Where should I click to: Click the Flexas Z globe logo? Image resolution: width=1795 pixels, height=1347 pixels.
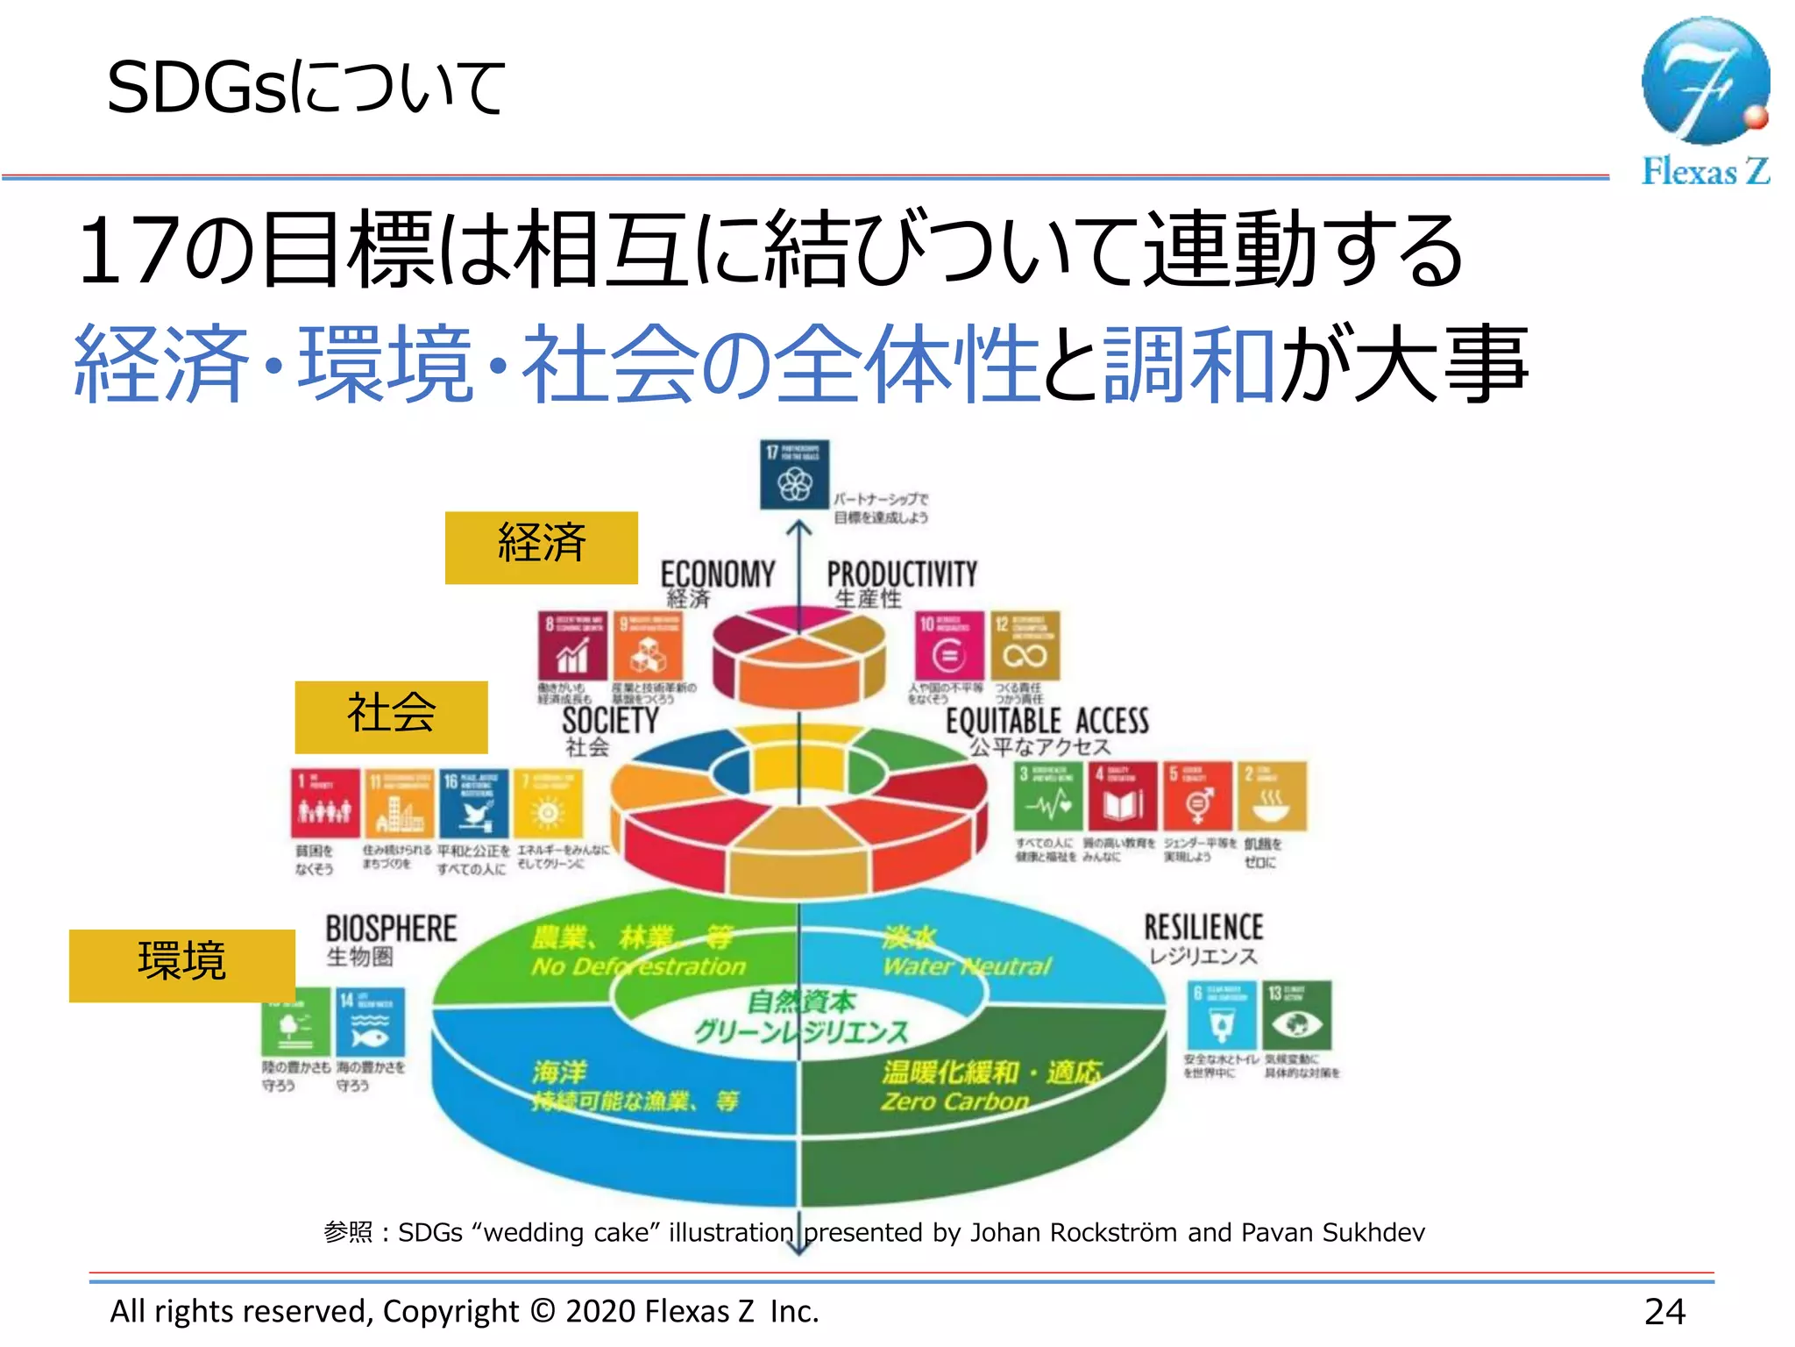(1705, 81)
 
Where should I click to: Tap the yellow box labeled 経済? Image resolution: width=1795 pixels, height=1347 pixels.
(541, 547)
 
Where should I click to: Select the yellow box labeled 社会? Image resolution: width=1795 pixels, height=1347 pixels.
(391, 716)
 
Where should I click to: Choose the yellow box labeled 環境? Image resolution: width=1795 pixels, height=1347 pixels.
(181, 965)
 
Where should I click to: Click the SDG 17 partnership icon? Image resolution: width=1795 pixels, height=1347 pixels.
(794, 474)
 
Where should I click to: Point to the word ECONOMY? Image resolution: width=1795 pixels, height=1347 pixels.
(717, 574)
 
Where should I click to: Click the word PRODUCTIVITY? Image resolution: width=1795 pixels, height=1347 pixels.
(902, 574)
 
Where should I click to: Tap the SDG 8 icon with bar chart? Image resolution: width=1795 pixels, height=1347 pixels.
(572, 645)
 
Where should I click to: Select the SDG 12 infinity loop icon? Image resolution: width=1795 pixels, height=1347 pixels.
(1025, 645)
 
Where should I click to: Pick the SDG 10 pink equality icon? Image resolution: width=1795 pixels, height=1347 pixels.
(949, 645)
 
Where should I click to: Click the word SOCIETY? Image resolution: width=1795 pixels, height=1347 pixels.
(610, 721)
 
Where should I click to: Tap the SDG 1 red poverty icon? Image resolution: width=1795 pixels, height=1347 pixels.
(324, 802)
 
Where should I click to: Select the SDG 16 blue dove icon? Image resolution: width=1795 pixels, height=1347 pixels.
(473, 802)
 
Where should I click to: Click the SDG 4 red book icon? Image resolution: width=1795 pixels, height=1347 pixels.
(1123, 796)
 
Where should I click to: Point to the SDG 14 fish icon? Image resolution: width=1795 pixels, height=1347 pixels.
(370, 1023)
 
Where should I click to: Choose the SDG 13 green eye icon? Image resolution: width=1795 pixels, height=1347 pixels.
(1297, 1016)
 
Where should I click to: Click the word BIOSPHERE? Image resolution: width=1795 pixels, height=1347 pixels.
(391, 929)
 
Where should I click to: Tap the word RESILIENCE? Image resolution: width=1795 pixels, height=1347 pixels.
(1203, 927)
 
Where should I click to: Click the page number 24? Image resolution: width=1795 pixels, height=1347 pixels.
(1664, 1312)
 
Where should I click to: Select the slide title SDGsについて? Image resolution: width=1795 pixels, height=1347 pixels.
(305, 88)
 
